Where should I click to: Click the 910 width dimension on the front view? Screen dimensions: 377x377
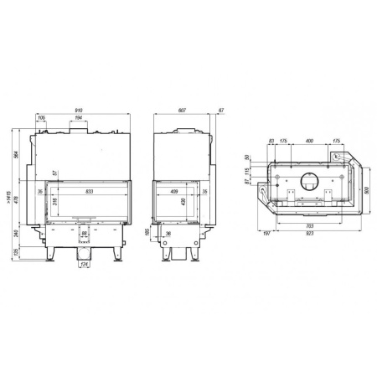pos(77,109)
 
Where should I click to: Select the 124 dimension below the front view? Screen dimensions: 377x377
pos(83,266)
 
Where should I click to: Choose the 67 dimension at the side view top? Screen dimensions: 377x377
pos(220,109)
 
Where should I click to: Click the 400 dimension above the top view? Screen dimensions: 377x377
pos(310,141)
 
